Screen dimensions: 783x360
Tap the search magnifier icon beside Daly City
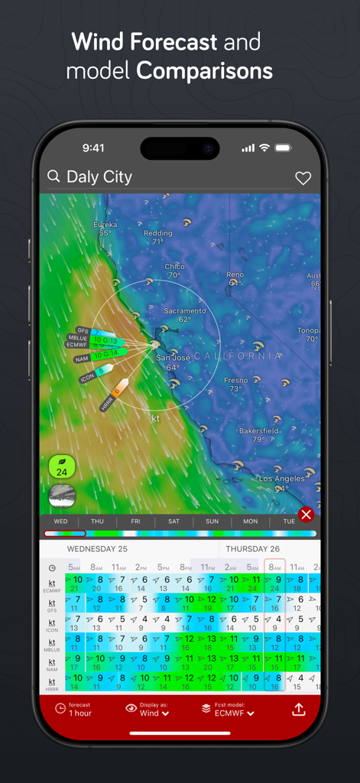54,177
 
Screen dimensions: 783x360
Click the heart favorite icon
303,178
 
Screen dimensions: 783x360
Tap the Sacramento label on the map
185,311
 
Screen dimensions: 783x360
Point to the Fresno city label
235,380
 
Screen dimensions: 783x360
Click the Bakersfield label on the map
258,431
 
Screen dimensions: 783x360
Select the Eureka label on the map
105,225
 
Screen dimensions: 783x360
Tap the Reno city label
235,275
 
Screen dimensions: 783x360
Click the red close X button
306,514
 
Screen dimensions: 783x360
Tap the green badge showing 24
62,466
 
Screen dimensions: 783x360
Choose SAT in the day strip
174,521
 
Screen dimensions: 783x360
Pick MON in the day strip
250,521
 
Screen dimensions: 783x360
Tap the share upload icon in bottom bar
299,709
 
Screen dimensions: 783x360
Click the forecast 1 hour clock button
74,709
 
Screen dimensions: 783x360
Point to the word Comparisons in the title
204,71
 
